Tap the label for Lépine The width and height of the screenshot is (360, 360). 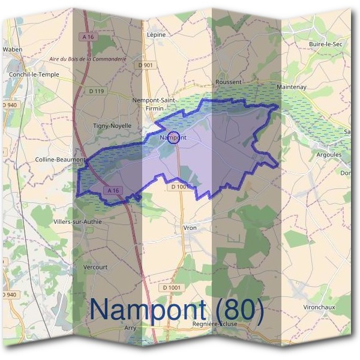[x=156, y=35]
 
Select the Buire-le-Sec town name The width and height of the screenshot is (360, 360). [x=325, y=44]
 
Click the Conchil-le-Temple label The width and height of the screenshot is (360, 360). [x=34, y=74]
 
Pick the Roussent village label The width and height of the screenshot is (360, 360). [x=229, y=82]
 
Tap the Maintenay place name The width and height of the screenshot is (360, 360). [x=292, y=87]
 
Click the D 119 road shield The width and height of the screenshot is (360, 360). [x=96, y=91]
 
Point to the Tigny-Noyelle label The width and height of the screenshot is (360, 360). [x=112, y=125]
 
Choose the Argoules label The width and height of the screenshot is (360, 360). [x=329, y=154]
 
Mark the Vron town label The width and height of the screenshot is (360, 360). [x=189, y=228]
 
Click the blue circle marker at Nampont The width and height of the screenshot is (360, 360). [x=173, y=137]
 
